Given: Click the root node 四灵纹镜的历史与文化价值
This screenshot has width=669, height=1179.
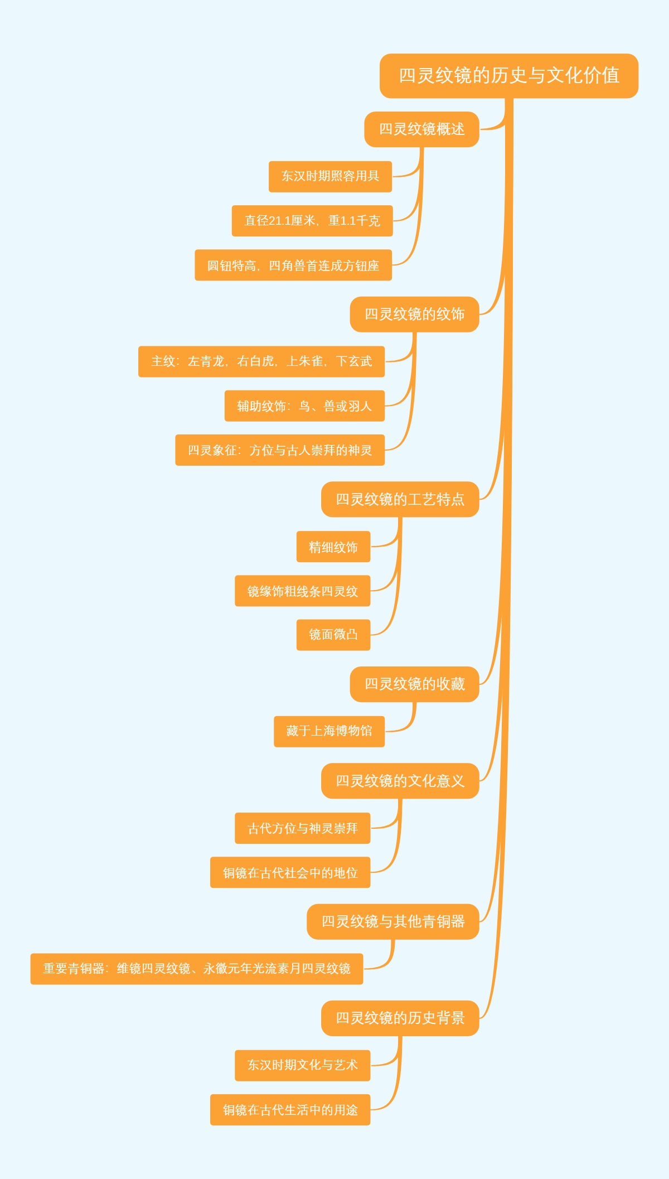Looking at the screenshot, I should click(508, 76).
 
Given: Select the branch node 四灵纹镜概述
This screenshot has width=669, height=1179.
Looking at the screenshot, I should click(421, 129).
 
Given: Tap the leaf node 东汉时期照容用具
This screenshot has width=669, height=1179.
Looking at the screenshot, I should click(330, 176).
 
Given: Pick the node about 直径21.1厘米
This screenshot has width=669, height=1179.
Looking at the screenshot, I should click(312, 221).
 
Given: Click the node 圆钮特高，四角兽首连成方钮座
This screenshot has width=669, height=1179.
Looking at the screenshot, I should click(293, 265).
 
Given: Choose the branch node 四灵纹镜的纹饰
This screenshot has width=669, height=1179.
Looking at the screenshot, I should click(414, 315).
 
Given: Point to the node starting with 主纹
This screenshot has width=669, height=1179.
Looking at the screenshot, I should click(261, 361).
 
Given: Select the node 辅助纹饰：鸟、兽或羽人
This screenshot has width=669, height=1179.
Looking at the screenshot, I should click(304, 406).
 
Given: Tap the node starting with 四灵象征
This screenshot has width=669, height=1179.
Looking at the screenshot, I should click(280, 450).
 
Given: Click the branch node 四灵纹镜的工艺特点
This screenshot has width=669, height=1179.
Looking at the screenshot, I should click(400, 499).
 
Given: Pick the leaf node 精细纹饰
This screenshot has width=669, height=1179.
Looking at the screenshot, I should click(333, 547).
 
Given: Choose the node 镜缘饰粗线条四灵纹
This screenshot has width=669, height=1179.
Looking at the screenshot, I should click(302, 591).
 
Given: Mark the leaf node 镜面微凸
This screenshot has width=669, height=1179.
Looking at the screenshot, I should click(333, 635).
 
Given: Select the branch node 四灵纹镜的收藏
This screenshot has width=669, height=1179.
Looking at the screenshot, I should click(414, 684).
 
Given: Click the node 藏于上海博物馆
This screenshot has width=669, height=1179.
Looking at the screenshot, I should click(329, 731).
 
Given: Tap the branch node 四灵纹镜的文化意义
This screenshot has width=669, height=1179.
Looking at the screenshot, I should click(400, 781).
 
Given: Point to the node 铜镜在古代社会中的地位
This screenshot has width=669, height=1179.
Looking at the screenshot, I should click(290, 873).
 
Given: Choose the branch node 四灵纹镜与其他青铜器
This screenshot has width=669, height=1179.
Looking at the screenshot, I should click(392, 922).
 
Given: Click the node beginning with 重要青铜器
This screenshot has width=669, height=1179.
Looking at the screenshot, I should click(197, 969).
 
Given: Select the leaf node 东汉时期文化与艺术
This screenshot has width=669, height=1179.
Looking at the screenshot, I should click(302, 1065).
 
